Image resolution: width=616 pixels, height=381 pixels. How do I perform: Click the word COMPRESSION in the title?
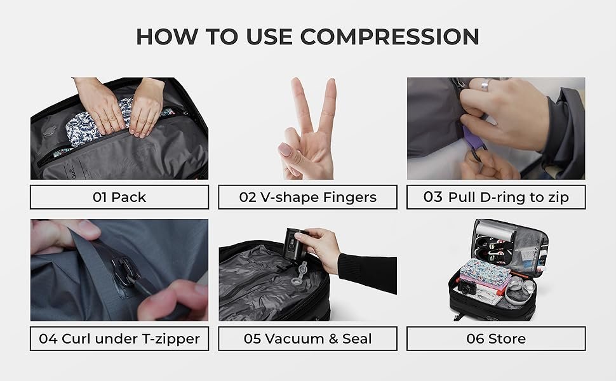click(390, 37)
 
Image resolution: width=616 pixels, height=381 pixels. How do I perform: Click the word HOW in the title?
click(167, 37)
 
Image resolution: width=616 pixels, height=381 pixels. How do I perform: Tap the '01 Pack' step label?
click(119, 197)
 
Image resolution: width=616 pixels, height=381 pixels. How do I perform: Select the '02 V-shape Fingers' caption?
click(307, 197)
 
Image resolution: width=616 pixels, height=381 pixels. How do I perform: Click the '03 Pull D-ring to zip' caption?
click(496, 197)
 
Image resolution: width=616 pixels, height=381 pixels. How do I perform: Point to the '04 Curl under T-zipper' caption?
click(119, 338)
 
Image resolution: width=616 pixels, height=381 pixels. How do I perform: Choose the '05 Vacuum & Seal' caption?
click(307, 338)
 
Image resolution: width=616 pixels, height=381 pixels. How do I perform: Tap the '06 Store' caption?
click(496, 338)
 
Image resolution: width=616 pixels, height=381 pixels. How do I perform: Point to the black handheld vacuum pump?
click(293, 246)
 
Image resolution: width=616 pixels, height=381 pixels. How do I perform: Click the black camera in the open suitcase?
click(466, 288)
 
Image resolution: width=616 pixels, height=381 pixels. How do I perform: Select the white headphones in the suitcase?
click(520, 290)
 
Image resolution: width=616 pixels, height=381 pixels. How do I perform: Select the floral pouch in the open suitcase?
click(485, 272)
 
